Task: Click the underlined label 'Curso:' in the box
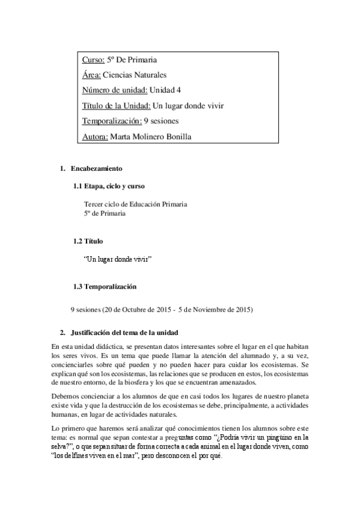[93, 60]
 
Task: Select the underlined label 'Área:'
[91, 75]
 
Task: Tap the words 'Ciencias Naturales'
[135, 75]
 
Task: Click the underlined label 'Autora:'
[95, 137]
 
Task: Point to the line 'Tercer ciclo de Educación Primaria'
[135, 204]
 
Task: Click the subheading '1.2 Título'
[88, 241]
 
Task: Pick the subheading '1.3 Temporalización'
[105, 286]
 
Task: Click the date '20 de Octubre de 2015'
[135, 310]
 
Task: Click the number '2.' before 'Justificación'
[62, 333]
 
